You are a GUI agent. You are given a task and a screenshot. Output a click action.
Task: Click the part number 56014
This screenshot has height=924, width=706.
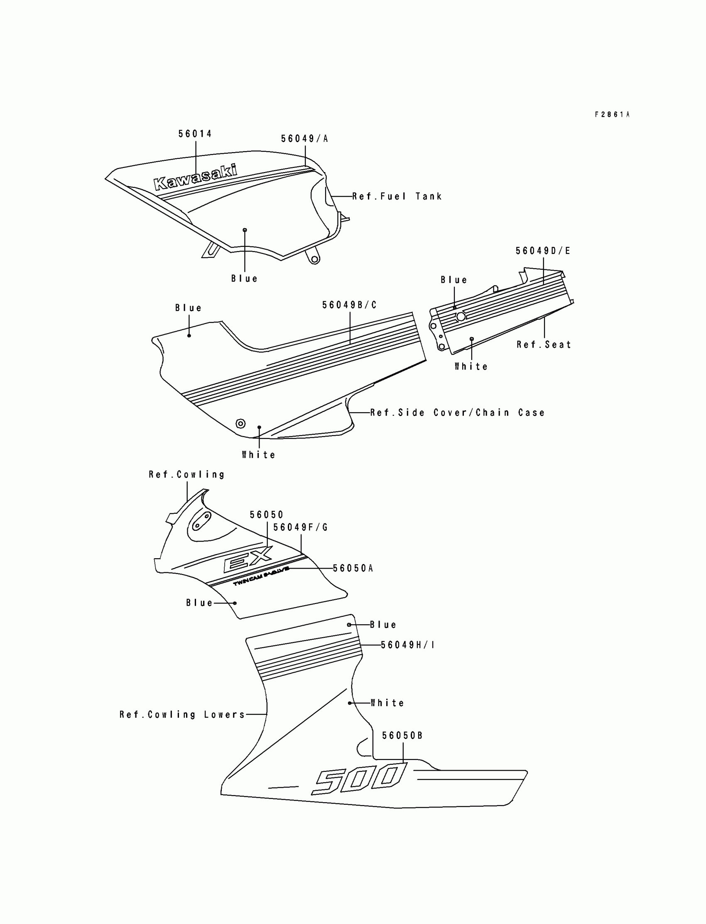click(195, 134)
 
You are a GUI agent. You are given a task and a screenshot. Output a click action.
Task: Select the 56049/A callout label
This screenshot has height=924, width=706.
click(304, 139)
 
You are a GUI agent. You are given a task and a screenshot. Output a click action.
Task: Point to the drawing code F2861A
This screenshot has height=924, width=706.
click(612, 114)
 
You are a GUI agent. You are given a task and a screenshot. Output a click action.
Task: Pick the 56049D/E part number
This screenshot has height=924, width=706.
click(543, 251)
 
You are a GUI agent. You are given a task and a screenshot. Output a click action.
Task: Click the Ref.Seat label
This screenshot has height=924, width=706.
click(544, 345)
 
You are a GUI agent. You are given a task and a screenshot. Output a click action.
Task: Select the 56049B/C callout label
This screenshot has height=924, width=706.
click(349, 305)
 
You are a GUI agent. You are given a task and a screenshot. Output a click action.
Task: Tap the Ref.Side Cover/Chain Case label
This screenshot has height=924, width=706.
click(457, 413)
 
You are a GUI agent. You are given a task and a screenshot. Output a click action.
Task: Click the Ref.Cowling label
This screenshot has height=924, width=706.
click(186, 474)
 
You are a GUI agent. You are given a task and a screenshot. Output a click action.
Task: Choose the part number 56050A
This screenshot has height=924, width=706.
click(353, 569)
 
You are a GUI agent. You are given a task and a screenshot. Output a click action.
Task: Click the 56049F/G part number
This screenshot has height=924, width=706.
click(301, 527)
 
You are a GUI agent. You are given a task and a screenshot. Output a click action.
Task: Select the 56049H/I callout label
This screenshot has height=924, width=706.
click(407, 645)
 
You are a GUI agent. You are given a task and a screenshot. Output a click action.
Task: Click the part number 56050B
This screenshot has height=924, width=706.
click(402, 736)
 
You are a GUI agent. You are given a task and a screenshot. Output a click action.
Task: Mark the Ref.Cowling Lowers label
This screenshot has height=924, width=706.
click(182, 715)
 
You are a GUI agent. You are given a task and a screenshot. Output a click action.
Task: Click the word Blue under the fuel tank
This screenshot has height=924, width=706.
click(244, 278)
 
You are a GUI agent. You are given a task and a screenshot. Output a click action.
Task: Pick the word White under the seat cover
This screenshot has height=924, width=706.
click(471, 367)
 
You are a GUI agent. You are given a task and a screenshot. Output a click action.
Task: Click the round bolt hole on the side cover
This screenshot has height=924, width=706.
click(240, 423)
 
